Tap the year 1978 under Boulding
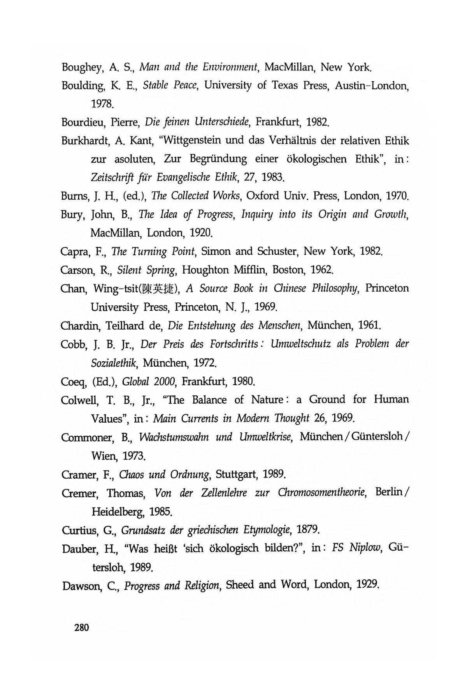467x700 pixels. click(102, 104)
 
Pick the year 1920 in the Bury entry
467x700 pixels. click(201, 233)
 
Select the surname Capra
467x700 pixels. click(76, 252)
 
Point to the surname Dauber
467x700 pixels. click(80, 549)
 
